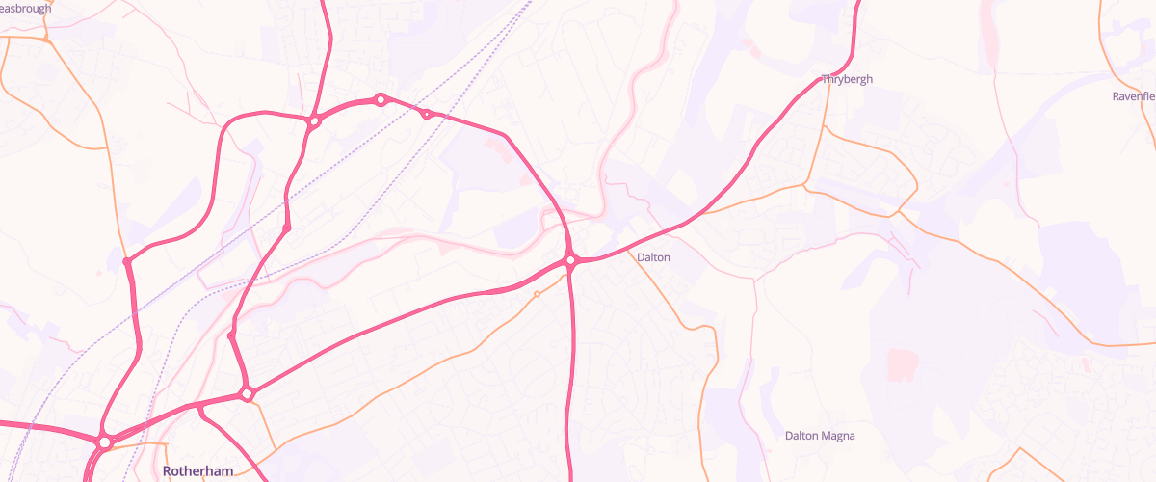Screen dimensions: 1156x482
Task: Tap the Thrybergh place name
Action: click(848, 79)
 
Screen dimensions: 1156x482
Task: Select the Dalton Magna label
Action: click(820, 436)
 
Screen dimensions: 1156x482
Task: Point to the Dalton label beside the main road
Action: click(653, 257)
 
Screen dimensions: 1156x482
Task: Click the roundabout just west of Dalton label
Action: click(571, 259)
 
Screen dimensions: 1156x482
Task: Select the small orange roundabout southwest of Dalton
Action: click(537, 294)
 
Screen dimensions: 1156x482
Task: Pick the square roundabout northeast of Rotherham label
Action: click(248, 393)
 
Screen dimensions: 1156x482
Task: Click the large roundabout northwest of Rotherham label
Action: click(104, 442)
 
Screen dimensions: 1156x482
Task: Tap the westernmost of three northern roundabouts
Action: click(314, 121)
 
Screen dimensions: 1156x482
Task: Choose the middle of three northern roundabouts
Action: click(381, 99)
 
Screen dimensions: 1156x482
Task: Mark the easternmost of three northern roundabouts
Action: click(427, 115)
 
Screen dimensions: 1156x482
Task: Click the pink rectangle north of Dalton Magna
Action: click(902, 365)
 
